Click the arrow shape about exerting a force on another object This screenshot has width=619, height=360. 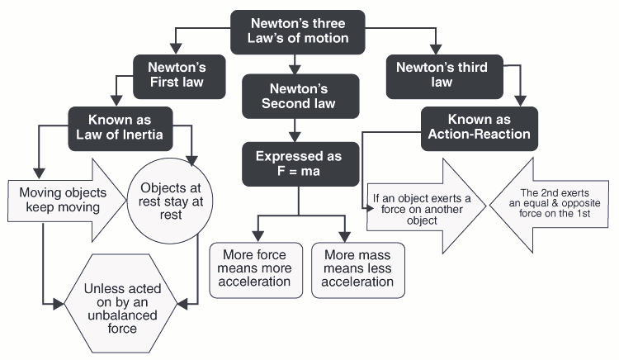(417, 206)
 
